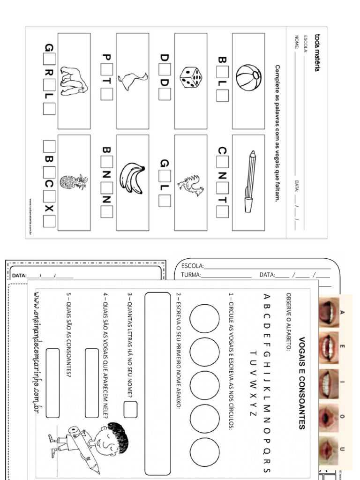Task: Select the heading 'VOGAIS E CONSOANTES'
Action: tap(301, 382)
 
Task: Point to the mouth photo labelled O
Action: tap(329, 417)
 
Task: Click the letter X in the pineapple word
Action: tap(49, 208)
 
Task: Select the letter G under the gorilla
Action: tap(49, 47)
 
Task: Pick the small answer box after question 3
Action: tap(130, 409)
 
